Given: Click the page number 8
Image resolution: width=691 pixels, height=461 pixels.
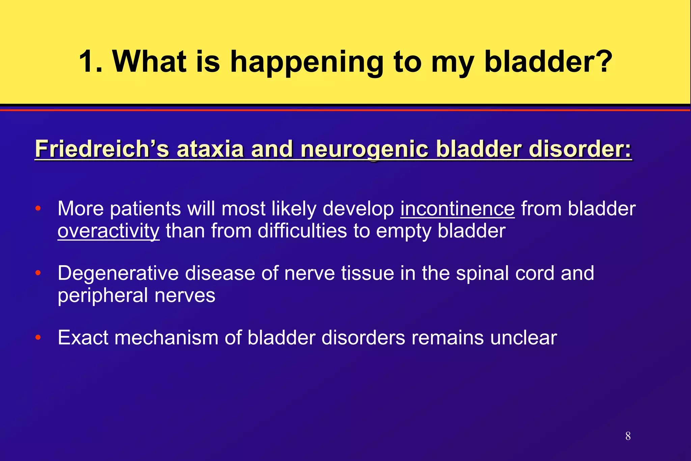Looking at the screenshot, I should (628, 436).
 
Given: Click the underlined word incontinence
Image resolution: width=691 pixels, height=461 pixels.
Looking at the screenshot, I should (458, 209).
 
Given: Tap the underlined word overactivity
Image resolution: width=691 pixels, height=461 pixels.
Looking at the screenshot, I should (108, 231).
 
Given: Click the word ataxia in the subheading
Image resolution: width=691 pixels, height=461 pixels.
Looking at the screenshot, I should (210, 149).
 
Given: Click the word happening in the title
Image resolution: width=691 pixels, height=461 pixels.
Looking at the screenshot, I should (307, 62).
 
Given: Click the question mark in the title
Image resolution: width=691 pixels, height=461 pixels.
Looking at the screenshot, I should (602, 62).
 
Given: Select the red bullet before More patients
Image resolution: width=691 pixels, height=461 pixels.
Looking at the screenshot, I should (38, 208).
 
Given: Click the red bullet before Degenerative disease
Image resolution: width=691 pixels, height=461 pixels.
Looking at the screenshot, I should (38, 273).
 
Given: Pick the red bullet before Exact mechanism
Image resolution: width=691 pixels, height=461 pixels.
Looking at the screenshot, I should (38, 337).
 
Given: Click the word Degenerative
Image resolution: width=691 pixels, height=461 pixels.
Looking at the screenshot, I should (118, 273).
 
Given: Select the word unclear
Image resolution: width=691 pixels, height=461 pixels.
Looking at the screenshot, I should (523, 337).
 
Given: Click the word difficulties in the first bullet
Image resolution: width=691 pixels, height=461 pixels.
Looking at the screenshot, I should (302, 231).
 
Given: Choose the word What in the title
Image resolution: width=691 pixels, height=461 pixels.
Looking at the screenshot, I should (149, 62).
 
